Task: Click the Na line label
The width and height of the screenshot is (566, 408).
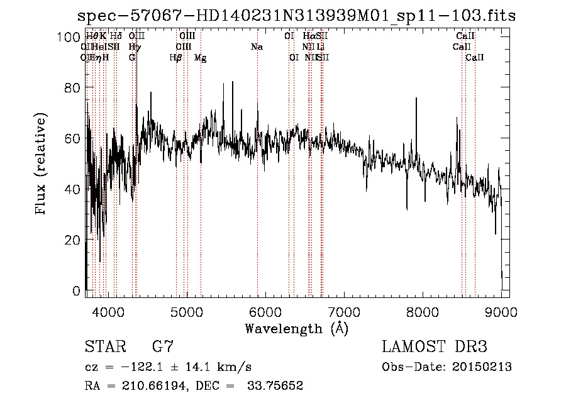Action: [257, 47]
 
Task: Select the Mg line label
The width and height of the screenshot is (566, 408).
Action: [200, 57]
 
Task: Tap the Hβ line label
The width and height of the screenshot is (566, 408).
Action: [175, 57]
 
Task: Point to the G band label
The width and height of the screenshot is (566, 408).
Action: [132, 57]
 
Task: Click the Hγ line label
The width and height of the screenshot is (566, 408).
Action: [135, 47]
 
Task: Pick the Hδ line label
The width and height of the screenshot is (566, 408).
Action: [116, 36]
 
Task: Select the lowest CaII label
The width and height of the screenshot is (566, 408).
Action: [474, 57]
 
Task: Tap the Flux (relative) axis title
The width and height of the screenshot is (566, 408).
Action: [42, 165]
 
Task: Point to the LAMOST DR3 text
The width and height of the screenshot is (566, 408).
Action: [434, 347]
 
